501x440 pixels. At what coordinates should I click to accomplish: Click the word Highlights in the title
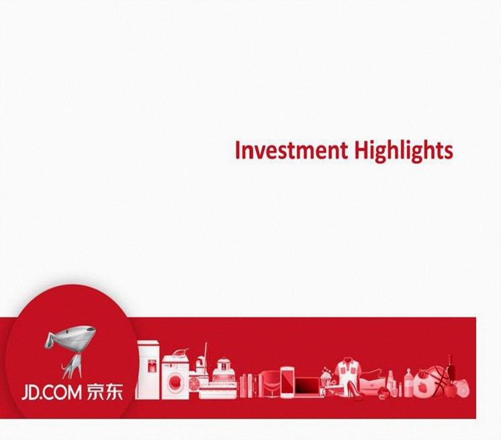click(404, 151)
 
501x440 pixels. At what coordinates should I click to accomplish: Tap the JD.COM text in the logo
click(52, 392)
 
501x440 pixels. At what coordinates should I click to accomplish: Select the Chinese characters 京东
click(105, 392)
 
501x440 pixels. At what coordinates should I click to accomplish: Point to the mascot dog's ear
click(50, 340)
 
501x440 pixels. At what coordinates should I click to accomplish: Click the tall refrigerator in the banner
click(148, 369)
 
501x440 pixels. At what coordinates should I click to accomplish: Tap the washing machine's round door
click(175, 382)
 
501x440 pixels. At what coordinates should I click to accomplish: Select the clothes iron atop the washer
click(179, 353)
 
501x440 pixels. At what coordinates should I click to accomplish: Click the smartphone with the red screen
click(287, 382)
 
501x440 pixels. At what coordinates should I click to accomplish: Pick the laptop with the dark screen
click(308, 388)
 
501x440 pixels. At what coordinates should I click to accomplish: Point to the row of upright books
click(250, 386)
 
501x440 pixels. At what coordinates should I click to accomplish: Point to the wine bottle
click(451, 367)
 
